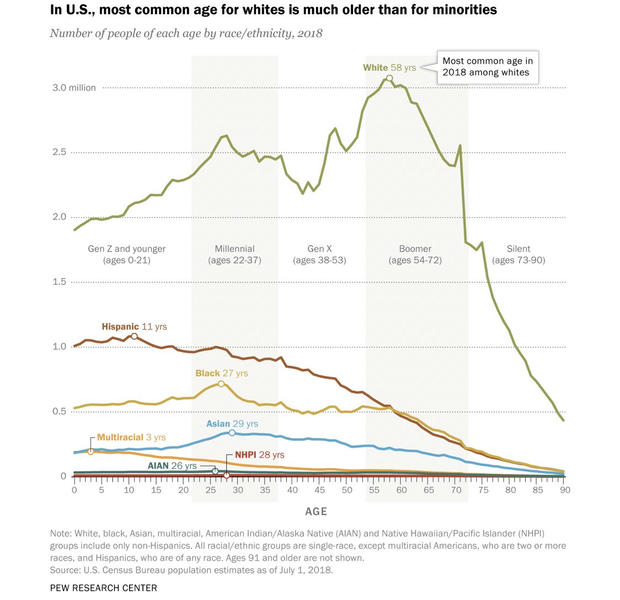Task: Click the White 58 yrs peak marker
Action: coord(389,78)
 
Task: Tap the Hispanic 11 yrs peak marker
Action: coord(134,336)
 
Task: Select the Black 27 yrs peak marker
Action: coord(221,384)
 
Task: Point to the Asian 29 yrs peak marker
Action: coord(232,433)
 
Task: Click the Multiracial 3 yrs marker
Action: coord(90,452)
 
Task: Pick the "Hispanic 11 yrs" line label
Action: coord(134,326)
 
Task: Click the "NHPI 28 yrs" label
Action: coord(259,455)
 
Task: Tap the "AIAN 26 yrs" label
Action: coord(172,466)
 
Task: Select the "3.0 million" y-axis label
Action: coord(74,88)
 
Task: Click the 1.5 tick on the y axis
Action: coord(60,282)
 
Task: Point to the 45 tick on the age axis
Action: coord(319,490)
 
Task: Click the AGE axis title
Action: coord(316,512)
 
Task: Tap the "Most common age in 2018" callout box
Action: coord(488,67)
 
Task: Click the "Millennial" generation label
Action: coord(234,249)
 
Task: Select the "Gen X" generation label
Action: coord(319,249)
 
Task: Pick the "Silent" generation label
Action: coord(519,249)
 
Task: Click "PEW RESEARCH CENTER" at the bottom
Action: coord(103,588)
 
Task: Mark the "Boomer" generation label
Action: coord(415,249)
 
